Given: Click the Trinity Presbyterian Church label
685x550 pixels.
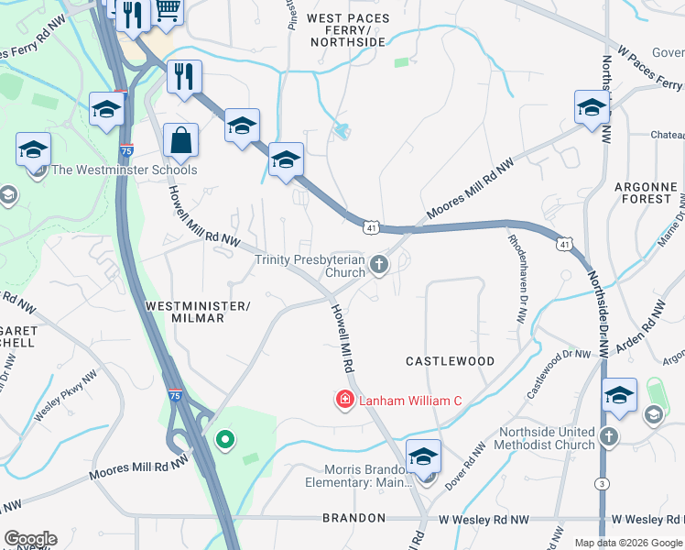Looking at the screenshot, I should point(310,266).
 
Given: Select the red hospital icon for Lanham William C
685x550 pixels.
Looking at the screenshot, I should point(344,400).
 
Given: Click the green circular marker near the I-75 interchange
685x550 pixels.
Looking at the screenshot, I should point(224,441).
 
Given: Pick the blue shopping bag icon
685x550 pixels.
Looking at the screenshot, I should point(181,141).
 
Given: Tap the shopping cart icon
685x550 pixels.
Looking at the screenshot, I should point(167,9).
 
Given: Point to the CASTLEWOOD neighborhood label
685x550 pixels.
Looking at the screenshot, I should point(450,361).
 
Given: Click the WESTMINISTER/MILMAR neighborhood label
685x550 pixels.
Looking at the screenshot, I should point(198,311).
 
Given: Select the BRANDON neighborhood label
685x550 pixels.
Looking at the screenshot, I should point(353,518).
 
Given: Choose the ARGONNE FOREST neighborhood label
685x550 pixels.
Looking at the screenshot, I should point(646,192).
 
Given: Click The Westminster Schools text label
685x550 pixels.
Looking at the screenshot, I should point(125,170).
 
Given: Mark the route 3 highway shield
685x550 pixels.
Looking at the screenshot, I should point(602,483).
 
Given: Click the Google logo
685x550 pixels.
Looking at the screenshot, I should point(30,539).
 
